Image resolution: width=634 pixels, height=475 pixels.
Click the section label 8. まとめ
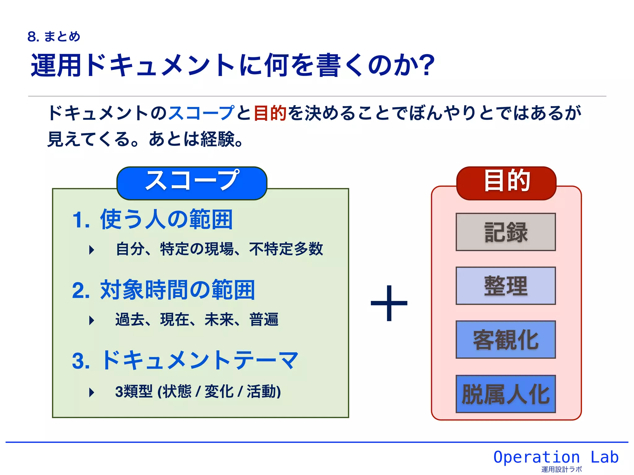[54, 36]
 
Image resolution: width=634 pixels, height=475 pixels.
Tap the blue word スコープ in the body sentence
[201, 113]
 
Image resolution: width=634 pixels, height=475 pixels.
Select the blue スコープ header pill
[192, 183]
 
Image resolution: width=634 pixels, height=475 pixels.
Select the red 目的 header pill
[506, 183]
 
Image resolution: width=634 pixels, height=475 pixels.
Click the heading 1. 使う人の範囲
[152, 219]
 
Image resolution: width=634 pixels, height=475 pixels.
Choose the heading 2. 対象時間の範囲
[163, 290]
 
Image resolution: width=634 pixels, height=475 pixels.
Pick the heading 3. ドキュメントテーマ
[185, 360]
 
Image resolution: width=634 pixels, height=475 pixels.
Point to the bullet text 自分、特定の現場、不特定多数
[219, 249]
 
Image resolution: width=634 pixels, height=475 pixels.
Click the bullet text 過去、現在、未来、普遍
[197, 319]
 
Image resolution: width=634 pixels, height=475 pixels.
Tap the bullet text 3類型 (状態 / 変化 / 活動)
[198, 392]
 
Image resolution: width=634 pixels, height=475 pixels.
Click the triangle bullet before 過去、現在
[91, 320]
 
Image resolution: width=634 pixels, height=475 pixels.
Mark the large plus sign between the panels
[389, 303]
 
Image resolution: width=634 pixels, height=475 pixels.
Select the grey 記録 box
[506, 232]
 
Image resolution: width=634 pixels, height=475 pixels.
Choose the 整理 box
[506, 286]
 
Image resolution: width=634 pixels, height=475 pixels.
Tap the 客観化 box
[506, 340]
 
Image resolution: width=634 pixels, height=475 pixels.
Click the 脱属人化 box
[506, 394]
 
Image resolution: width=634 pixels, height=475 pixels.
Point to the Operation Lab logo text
[556, 457]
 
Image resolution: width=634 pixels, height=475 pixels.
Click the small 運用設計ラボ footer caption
[562, 469]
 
